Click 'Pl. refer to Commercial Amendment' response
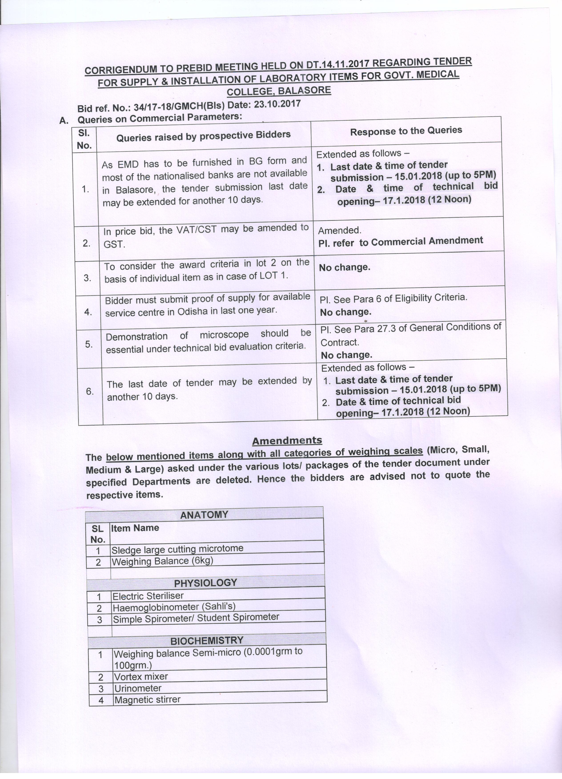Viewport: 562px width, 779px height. [x=401, y=241]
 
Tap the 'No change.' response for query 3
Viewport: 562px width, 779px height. [x=344, y=267]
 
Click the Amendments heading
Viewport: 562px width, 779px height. [x=287, y=440]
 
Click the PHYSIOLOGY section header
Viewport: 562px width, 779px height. [x=206, y=583]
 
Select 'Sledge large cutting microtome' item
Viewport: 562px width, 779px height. [x=177, y=549]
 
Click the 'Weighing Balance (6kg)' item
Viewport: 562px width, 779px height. [x=162, y=561]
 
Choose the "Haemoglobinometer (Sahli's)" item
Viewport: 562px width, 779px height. [x=174, y=607]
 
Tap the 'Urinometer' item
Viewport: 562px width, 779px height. [x=137, y=688]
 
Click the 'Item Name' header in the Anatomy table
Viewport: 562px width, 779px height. [x=135, y=528]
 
